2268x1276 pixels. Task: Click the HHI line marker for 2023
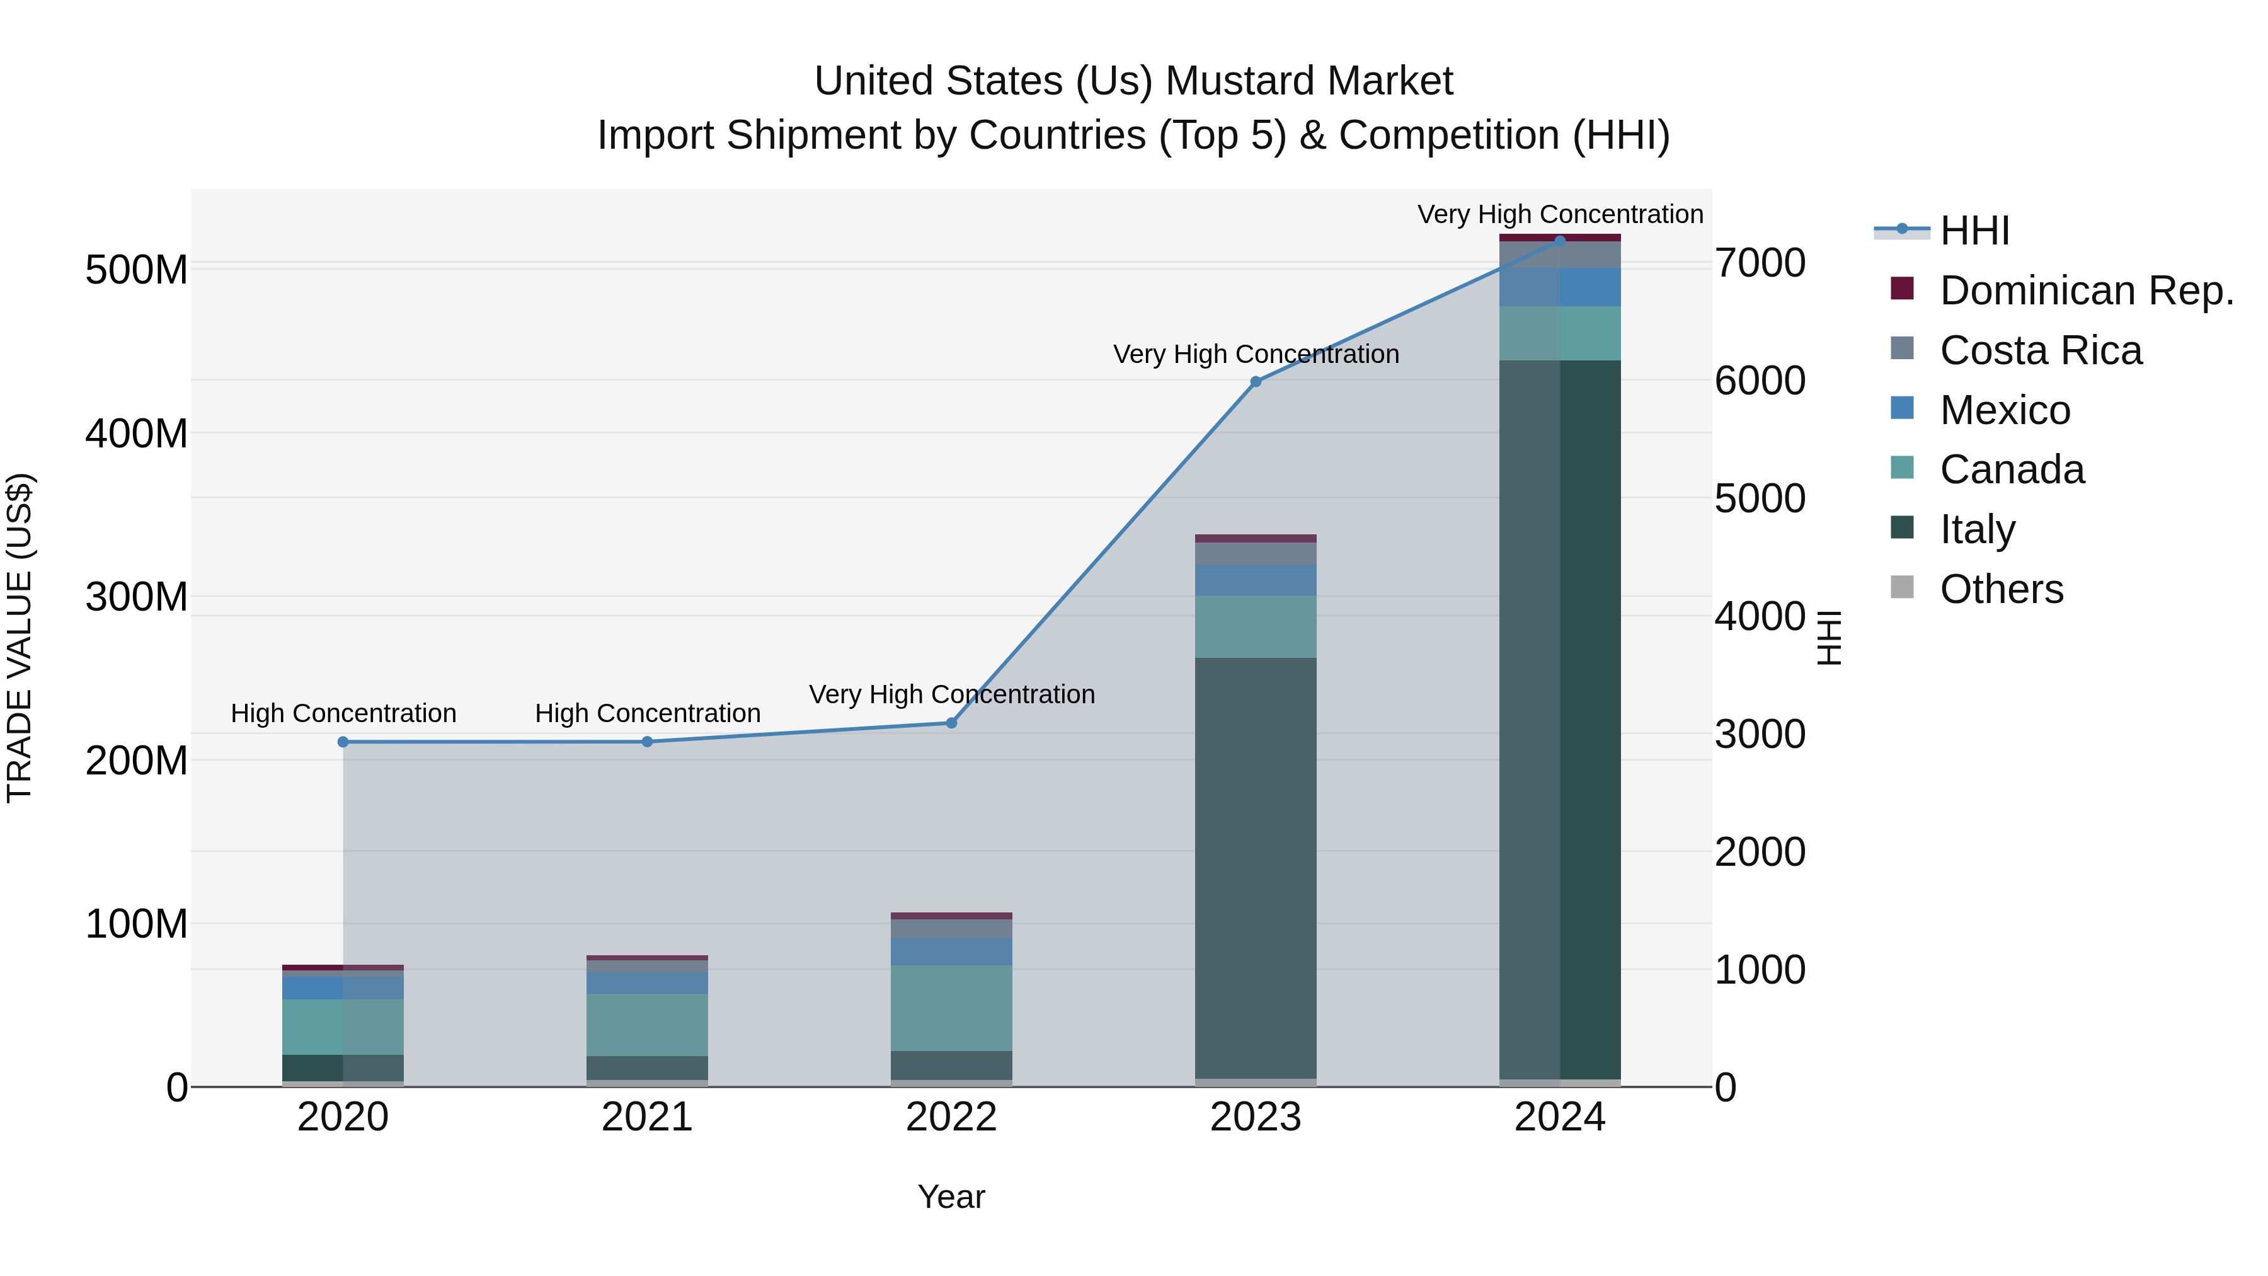tap(1256, 381)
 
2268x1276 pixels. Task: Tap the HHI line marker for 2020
tap(343, 742)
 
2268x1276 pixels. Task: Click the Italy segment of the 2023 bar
tap(1256, 868)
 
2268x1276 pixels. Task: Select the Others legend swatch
tap(1902, 587)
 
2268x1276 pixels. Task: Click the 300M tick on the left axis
tap(137, 597)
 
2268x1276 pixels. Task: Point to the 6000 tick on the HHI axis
tap(1759, 381)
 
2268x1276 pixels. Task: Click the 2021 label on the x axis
tap(647, 1117)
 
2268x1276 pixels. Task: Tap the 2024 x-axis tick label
tap(1559, 1117)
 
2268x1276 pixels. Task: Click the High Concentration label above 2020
tap(343, 713)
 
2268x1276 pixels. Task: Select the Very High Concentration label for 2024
tap(1559, 214)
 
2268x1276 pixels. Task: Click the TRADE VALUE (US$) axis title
tap(20, 638)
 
